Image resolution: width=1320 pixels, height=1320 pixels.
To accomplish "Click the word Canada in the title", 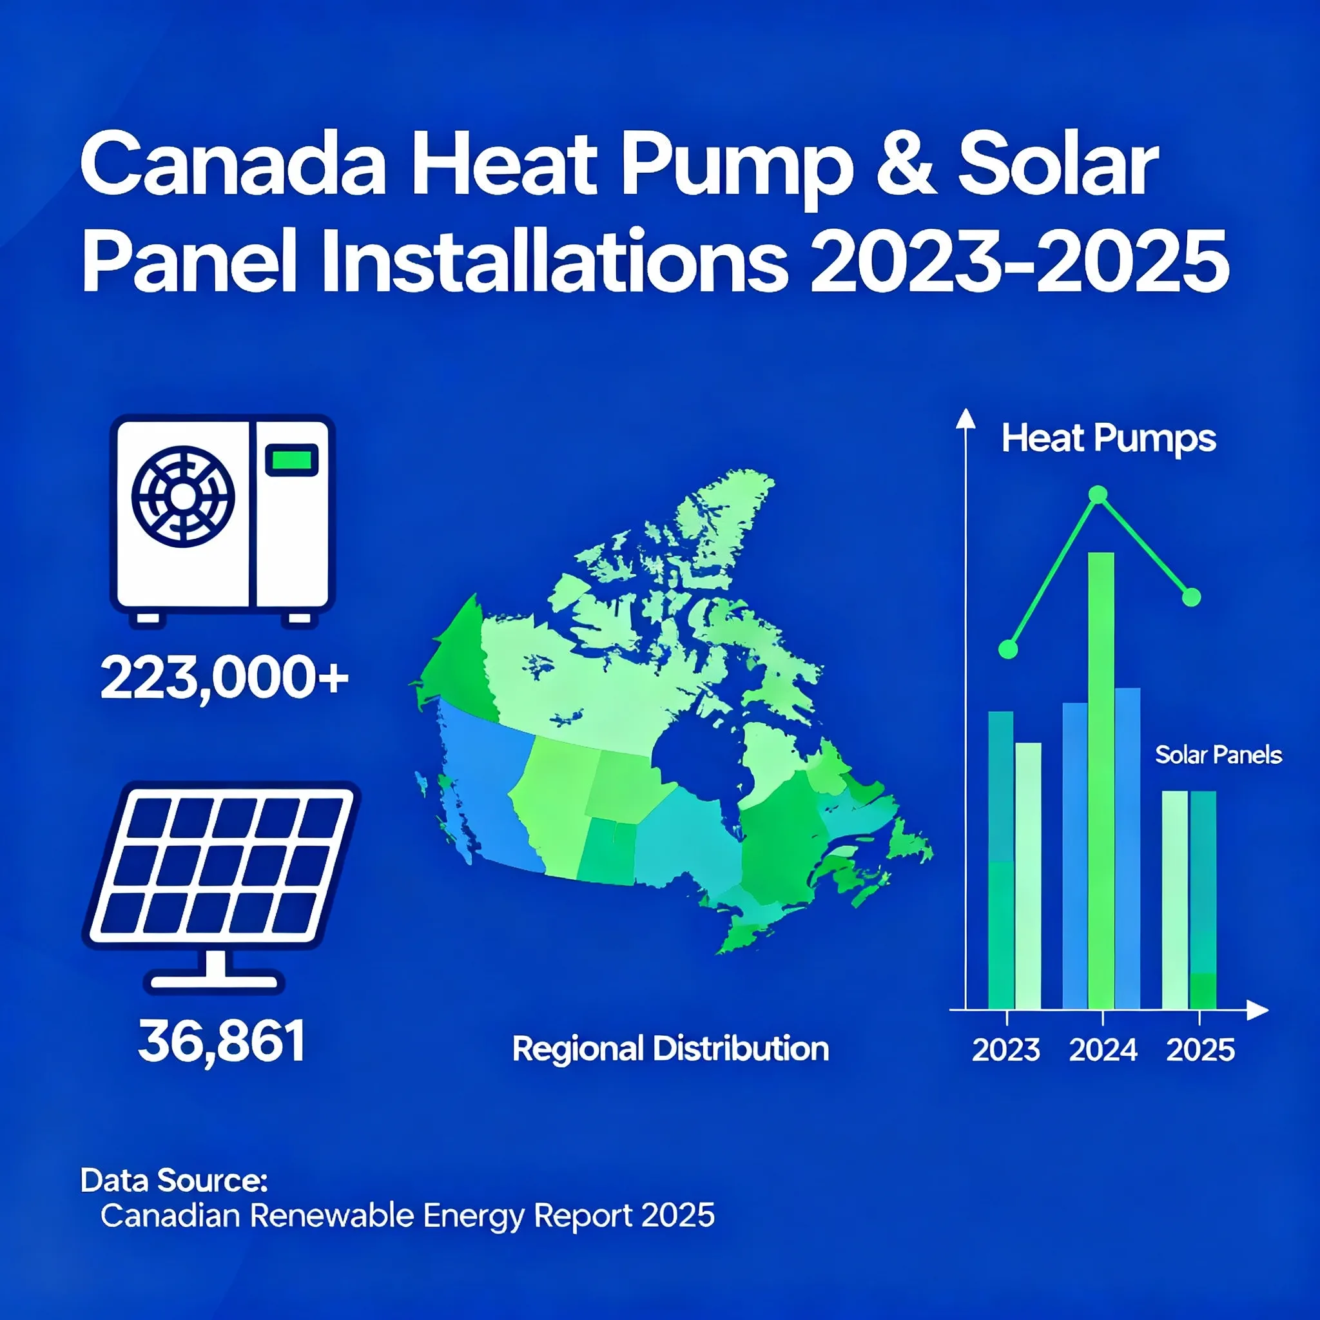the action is (x=233, y=166).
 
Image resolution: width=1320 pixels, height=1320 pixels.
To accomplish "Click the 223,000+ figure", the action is (x=225, y=679).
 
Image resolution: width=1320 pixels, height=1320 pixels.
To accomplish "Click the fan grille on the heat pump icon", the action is (x=183, y=497).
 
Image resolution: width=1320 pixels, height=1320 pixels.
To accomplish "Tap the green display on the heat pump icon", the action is (x=292, y=459).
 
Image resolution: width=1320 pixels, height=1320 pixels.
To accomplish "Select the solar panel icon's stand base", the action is (x=214, y=982).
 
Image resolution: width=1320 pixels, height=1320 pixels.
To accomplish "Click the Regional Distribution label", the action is (x=670, y=1049).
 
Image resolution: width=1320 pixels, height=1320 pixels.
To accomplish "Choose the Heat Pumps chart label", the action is (x=1108, y=439).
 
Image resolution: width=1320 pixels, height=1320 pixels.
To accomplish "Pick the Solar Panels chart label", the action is (x=1218, y=755).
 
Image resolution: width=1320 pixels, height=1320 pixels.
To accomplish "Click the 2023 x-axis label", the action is (x=1005, y=1050).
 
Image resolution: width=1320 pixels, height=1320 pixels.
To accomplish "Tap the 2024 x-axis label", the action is (x=1103, y=1050).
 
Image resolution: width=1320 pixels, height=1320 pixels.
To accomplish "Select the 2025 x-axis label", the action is (x=1199, y=1050).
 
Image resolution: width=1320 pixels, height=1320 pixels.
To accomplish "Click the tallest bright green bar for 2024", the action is (x=1101, y=781).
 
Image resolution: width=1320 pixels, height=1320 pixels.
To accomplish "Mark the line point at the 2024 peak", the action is (x=1097, y=494).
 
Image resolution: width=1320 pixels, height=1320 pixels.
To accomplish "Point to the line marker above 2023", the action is (x=1008, y=649).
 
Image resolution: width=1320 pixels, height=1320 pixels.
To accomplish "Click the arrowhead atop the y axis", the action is (x=966, y=418).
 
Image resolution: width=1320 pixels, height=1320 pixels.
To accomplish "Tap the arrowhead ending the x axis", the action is (x=1257, y=1009).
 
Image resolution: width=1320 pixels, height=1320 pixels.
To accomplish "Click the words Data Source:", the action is (x=173, y=1180).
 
